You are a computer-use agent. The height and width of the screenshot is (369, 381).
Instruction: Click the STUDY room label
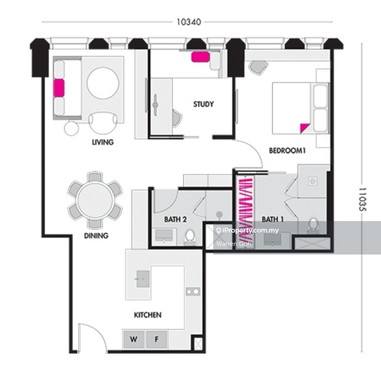click(203, 104)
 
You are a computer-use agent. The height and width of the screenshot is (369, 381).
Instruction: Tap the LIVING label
click(103, 142)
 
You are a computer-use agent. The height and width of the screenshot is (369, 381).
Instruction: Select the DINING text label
click(96, 236)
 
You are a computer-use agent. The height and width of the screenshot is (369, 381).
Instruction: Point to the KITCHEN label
click(148, 315)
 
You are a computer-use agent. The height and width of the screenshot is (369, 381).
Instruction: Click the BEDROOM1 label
click(287, 150)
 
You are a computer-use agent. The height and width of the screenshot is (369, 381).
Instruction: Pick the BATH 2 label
click(175, 219)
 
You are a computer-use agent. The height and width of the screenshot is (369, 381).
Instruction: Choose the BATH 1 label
click(272, 219)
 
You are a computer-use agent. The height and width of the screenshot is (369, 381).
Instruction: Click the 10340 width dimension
click(189, 22)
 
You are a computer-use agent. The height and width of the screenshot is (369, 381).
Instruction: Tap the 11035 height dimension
click(362, 199)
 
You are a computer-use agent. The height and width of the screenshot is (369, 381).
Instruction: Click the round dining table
click(95, 200)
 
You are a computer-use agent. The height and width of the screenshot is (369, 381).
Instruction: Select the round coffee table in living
click(103, 83)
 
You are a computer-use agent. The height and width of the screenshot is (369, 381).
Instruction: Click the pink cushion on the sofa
click(59, 88)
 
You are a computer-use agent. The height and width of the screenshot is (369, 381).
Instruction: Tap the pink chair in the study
click(201, 57)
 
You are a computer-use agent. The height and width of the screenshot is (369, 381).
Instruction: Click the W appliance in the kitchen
click(133, 339)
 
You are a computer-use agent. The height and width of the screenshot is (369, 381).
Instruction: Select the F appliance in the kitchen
click(157, 339)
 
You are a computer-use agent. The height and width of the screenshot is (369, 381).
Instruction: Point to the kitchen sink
click(143, 279)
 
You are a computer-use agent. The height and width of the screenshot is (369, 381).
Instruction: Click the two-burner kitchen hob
click(193, 291)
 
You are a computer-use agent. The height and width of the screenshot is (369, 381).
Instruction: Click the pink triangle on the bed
click(304, 128)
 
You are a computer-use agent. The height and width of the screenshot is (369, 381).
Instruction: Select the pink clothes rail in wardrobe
click(245, 209)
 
